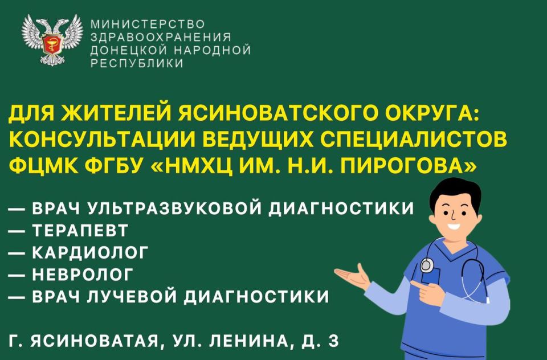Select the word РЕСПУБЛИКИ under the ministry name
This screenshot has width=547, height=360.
pyautogui.click(x=137, y=64)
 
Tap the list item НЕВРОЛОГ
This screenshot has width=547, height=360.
pyautogui.click(x=83, y=275)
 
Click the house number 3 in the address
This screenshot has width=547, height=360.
pyautogui.click(x=333, y=341)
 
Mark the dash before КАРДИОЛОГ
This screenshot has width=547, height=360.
pyautogui.click(x=18, y=253)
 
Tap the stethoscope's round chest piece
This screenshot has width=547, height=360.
pyautogui.click(x=427, y=264)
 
